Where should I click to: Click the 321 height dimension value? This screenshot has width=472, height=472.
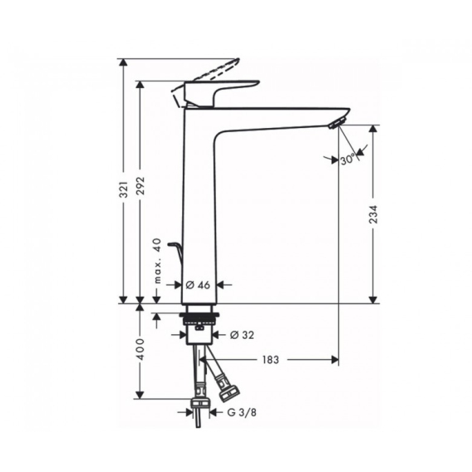(x=124, y=189)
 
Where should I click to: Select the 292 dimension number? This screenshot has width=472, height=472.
(x=140, y=185)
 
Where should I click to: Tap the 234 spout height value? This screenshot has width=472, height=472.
(x=373, y=214)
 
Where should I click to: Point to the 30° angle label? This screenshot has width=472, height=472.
(x=348, y=160)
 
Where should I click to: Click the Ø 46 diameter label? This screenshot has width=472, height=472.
(x=198, y=285)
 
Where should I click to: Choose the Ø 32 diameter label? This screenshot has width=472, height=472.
(x=242, y=335)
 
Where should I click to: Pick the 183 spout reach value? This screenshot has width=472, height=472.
(x=270, y=360)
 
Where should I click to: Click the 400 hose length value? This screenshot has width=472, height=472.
(x=140, y=350)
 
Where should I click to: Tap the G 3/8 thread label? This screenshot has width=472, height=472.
(x=242, y=412)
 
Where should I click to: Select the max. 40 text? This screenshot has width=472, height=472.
(x=157, y=261)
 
